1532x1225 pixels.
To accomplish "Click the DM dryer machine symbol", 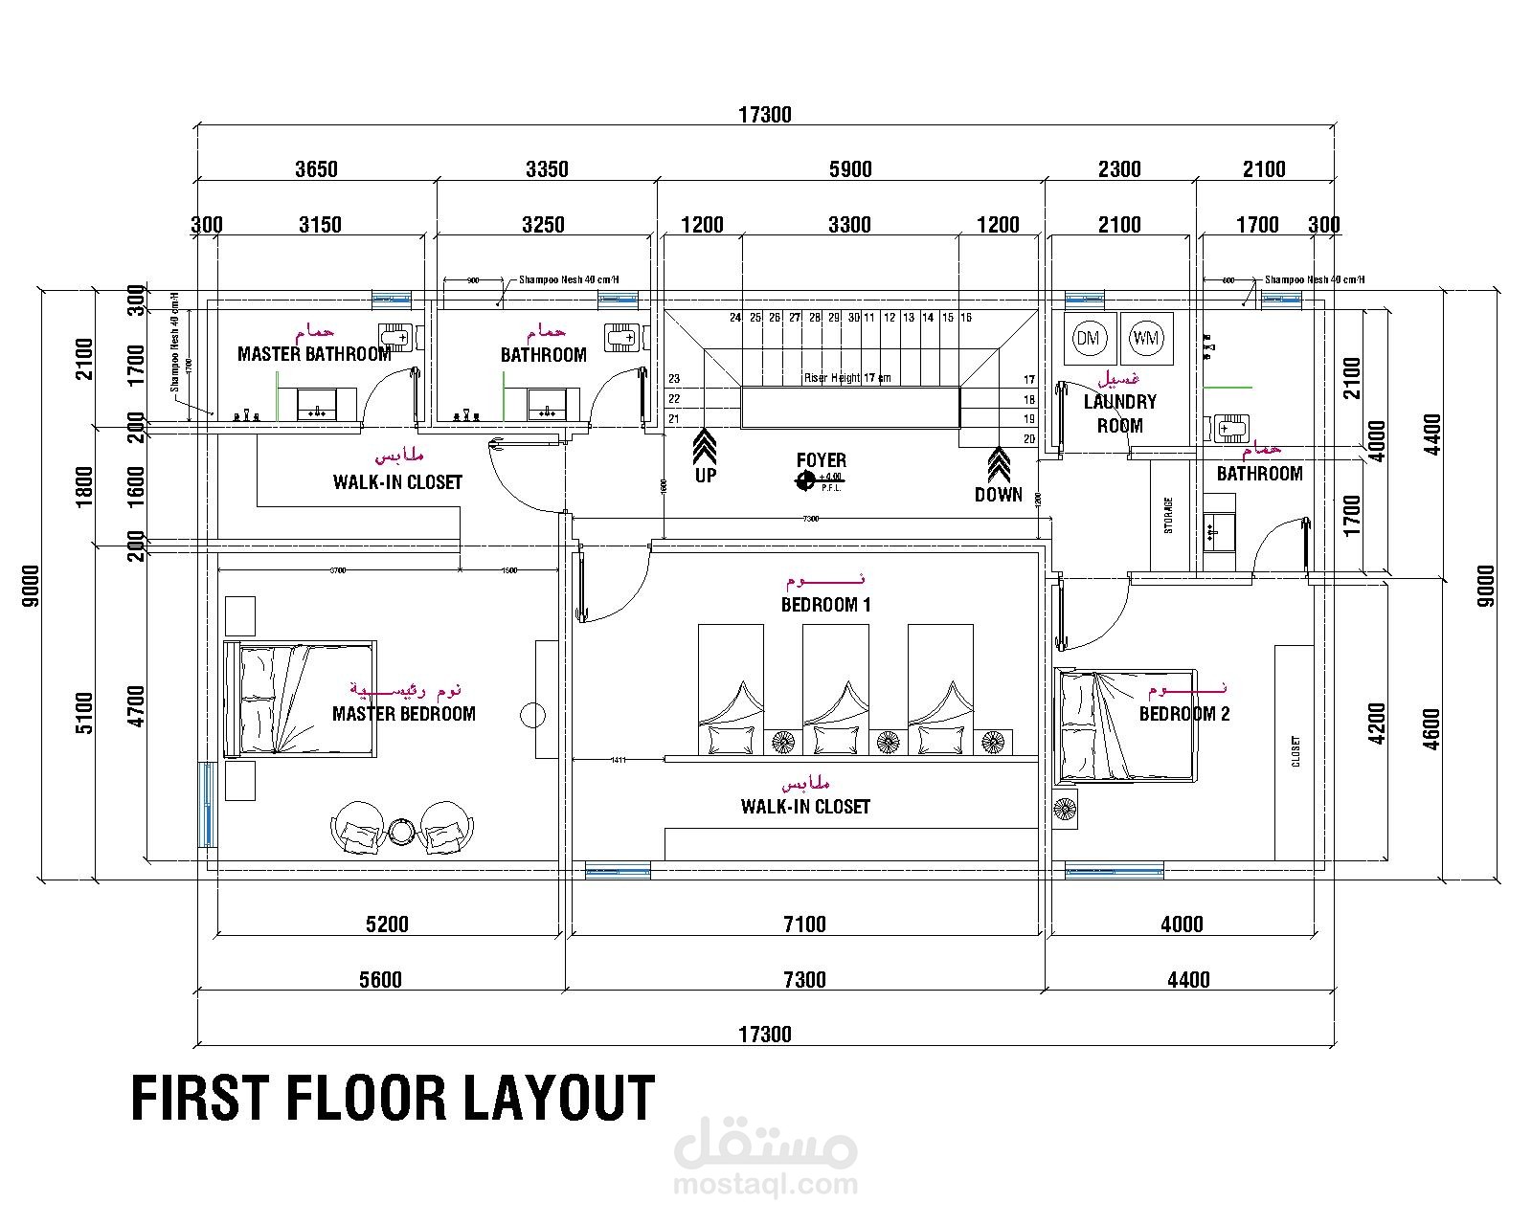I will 1088,337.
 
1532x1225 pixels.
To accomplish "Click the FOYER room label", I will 821,460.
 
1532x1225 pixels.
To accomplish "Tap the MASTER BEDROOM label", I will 403,714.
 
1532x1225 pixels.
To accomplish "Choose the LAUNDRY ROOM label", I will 1119,413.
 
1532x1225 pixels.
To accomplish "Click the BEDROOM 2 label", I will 1184,714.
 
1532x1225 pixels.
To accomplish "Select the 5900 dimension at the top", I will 850,169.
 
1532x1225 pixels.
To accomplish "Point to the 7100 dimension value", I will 804,924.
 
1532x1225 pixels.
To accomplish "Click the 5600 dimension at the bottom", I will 380,980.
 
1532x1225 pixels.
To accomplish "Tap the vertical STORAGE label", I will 1168,517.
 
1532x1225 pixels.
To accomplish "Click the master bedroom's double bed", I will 299,701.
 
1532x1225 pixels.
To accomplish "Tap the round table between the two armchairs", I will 402,831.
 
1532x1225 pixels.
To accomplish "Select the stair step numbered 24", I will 735,318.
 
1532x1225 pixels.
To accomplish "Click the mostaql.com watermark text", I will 766,1185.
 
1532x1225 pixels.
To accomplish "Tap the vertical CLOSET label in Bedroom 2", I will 1296,752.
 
